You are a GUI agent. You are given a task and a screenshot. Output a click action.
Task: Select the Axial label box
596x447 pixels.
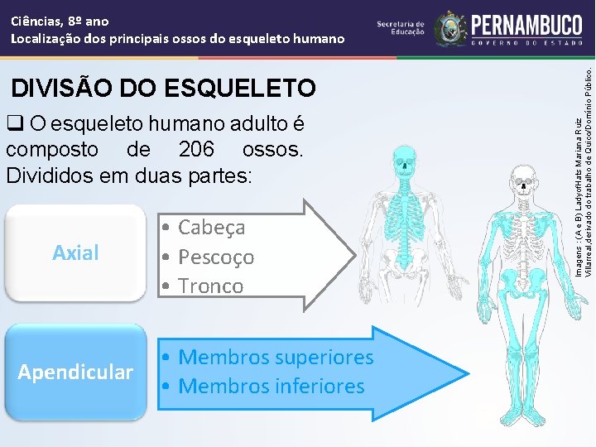click(x=75, y=252)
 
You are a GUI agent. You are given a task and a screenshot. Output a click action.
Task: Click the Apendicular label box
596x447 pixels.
click(x=75, y=372)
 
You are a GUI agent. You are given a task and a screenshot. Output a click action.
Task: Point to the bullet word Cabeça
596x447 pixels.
click(x=212, y=227)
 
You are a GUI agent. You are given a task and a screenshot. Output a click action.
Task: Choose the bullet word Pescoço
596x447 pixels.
click(x=216, y=257)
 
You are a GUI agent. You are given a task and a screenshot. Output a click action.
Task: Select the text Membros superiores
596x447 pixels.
click(x=276, y=358)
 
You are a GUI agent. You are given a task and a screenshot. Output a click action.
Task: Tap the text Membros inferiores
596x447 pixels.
click(x=271, y=386)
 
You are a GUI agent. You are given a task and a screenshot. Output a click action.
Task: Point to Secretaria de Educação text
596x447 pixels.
click(x=401, y=28)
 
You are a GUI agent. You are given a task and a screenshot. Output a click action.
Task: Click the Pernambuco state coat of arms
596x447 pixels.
click(x=450, y=28)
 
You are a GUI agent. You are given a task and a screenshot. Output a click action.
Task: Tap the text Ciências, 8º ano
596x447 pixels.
click(x=60, y=21)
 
